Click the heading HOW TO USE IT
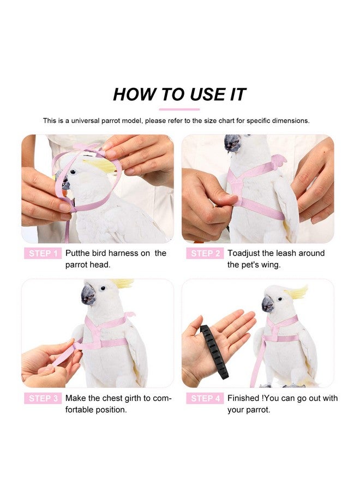point(179,94)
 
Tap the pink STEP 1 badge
point(41,254)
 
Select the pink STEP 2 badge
point(205,254)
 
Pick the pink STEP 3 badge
point(41,398)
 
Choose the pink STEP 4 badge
point(205,398)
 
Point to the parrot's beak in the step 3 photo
point(88,295)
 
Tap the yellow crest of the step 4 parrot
point(297,292)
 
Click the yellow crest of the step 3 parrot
point(123,283)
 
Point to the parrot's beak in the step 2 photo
point(232,143)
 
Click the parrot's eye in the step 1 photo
point(72,172)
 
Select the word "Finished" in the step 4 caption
point(244,398)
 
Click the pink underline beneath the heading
point(179,109)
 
